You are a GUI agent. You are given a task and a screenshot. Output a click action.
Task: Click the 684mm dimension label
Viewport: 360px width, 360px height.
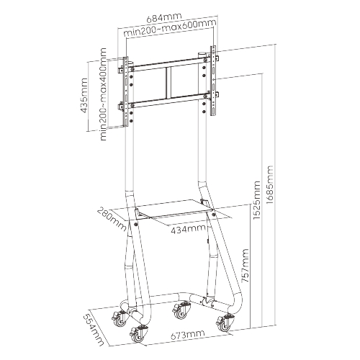pos(164,18)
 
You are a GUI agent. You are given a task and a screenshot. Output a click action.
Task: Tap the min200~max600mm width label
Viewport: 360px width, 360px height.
pos(170,28)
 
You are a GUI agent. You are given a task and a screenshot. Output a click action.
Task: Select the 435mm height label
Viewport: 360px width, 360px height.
pos(84,95)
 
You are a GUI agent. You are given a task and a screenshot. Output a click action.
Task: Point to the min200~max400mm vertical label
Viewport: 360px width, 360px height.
pos(103,94)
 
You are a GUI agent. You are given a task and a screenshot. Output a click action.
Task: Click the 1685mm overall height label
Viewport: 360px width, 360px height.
pos(269,184)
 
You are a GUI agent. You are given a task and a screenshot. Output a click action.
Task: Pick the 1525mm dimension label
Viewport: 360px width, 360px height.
pos(256,200)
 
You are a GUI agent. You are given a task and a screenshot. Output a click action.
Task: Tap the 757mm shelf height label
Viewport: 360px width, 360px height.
pos(245,266)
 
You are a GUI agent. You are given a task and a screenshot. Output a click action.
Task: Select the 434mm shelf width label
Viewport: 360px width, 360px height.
pos(188,229)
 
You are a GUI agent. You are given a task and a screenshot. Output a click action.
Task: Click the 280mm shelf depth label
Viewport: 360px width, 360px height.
pos(112,220)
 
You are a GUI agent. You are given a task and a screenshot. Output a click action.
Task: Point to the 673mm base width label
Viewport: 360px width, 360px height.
pos(188,334)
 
